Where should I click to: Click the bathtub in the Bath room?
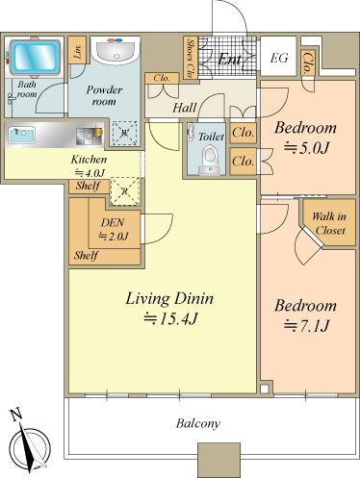[35, 57]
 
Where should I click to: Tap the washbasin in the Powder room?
[116, 51]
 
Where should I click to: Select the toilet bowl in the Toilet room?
[210, 160]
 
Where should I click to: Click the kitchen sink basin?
[21, 135]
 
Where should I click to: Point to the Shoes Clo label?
[191, 58]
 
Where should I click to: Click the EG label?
[278, 58]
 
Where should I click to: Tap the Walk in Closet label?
[329, 223]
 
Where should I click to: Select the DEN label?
[113, 222]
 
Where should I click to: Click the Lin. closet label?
[77, 51]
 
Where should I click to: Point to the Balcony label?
[198, 423]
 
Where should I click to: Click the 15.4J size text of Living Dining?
[169, 319]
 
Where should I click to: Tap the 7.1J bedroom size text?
[306, 326]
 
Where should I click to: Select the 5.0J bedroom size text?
[306, 148]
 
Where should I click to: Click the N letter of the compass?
[16, 415]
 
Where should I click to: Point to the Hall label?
[185, 108]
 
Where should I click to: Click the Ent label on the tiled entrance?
[230, 59]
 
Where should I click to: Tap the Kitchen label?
[89, 160]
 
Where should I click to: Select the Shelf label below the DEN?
[86, 256]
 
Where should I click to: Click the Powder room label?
[104, 95]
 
